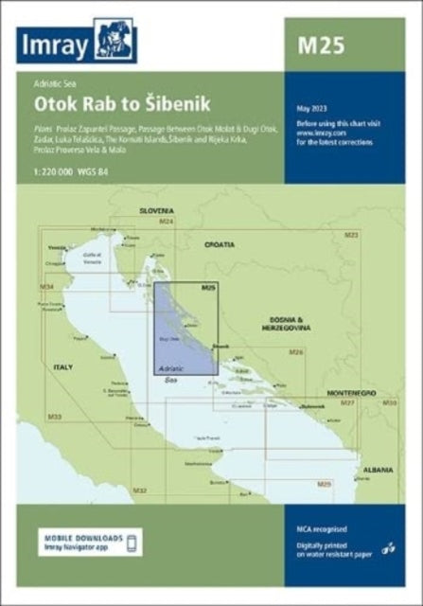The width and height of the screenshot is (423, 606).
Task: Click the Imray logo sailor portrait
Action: tap(115, 41)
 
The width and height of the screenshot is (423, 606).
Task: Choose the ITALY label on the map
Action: tap(62, 365)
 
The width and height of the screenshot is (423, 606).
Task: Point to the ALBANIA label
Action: tap(376, 469)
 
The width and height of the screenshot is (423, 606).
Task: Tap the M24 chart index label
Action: tap(167, 221)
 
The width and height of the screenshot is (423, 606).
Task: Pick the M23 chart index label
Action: tap(351, 233)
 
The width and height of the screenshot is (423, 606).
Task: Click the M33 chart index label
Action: tap(54, 417)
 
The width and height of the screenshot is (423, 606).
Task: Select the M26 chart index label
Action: tap(296, 352)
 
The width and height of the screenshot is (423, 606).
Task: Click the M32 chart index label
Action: tap(140, 490)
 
